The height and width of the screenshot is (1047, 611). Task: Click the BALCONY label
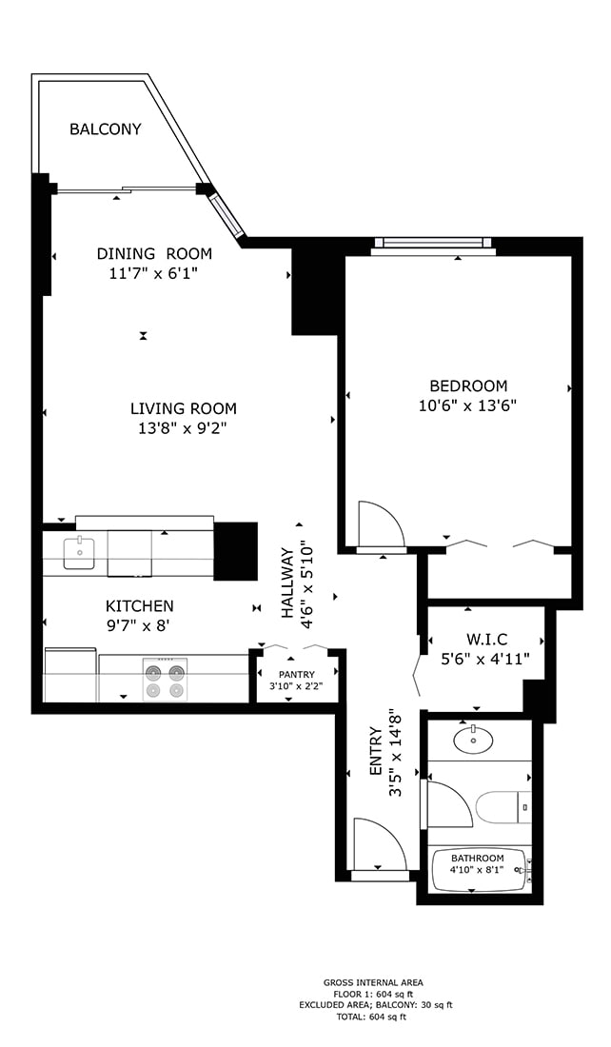(x=105, y=129)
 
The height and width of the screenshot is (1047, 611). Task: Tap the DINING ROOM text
(x=154, y=253)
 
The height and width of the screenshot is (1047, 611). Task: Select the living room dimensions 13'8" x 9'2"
(x=184, y=428)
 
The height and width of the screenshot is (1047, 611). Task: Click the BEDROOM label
(x=468, y=385)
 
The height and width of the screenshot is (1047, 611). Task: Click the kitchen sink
(x=79, y=551)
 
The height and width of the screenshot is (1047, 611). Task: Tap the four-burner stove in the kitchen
(x=164, y=679)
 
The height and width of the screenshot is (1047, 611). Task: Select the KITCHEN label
(x=139, y=605)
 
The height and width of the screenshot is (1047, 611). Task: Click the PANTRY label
(x=297, y=674)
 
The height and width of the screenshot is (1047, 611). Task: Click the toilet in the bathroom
(x=502, y=807)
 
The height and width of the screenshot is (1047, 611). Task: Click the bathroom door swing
(x=449, y=803)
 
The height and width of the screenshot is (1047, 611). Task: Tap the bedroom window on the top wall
(x=432, y=246)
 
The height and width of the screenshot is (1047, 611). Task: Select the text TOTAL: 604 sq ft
(x=373, y=1017)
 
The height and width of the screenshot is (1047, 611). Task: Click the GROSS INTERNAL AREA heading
(x=373, y=982)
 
